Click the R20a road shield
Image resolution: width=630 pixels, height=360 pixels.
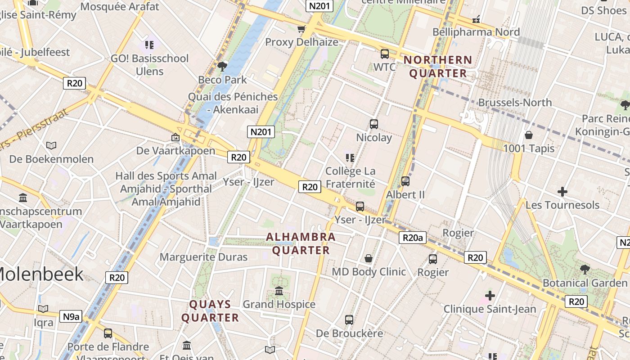[413, 238]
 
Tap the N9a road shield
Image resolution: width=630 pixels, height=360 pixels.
[71, 316]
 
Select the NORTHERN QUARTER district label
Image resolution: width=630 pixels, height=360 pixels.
[438, 67]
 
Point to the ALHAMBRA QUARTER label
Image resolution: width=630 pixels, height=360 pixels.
[301, 243]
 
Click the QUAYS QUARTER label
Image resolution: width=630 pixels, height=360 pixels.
[210, 311]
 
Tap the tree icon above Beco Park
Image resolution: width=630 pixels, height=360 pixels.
[222, 67]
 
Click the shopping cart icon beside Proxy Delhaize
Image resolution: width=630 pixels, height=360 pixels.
[301, 29]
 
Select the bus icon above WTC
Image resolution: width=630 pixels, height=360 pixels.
[385, 54]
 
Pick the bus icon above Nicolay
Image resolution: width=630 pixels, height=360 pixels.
[373, 124]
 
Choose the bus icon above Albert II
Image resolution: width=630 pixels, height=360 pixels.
[405, 181]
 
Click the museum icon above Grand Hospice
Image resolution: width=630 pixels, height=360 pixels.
[279, 291]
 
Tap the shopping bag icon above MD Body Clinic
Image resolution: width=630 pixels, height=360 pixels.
[369, 258]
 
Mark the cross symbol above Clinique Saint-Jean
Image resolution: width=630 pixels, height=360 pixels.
[490, 296]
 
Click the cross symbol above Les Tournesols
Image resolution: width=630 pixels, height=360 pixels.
[562, 192]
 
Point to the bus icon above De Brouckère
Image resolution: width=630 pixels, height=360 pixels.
[349, 320]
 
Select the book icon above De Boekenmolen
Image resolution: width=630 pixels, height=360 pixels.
[51, 145]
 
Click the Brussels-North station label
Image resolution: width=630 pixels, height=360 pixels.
[515, 102]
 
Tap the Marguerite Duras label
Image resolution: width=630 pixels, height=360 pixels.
[204, 257]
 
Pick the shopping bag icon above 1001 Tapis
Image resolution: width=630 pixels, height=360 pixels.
[529, 135]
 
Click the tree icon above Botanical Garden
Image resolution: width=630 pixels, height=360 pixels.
[585, 270]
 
